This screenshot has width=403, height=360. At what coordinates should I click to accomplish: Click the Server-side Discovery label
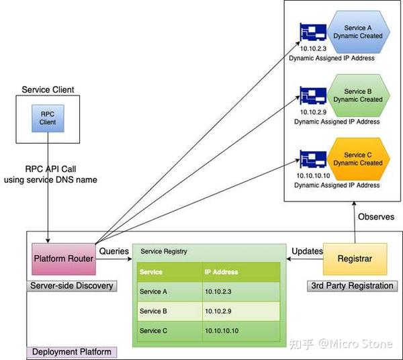[72, 286]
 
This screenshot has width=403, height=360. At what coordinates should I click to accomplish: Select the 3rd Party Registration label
[352, 286]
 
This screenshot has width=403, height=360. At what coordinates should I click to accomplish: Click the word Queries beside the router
[114, 251]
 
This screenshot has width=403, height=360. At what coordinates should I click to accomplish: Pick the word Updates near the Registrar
[306, 251]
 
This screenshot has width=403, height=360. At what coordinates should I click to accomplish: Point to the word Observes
[376, 217]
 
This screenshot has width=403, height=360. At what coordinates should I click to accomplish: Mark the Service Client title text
[48, 89]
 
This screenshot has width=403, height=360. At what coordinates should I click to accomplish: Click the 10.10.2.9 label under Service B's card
[313, 111]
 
